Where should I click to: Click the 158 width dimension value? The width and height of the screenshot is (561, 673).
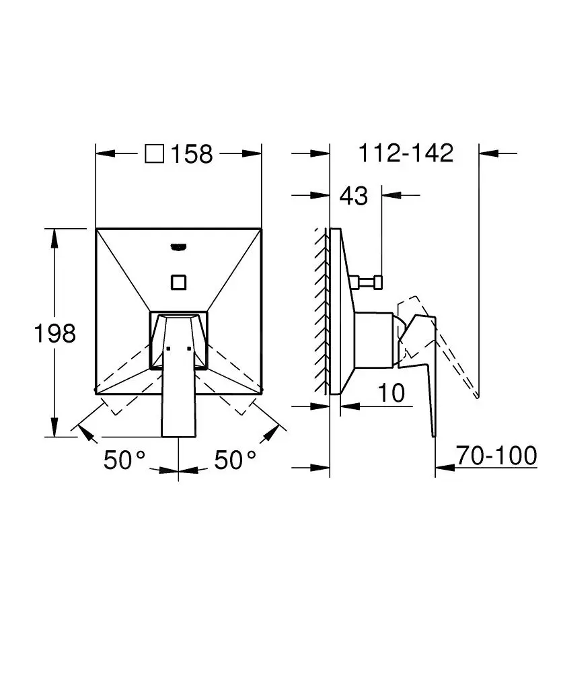tap(192, 154)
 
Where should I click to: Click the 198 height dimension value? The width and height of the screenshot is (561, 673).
tap(55, 332)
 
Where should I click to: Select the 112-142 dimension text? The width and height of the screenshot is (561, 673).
tap(405, 153)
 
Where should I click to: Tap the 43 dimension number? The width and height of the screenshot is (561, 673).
tap(354, 196)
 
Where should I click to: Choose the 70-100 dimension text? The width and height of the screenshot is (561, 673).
tap(497, 456)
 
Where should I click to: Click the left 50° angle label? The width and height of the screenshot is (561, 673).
tap(124, 460)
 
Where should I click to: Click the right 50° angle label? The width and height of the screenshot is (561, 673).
tap(235, 460)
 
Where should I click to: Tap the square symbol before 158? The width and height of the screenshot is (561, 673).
tap(155, 154)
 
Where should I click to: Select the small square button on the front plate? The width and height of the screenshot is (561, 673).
tap(178, 281)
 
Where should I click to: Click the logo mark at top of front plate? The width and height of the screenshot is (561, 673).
tap(178, 246)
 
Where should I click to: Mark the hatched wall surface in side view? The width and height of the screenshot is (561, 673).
tap(322, 310)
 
